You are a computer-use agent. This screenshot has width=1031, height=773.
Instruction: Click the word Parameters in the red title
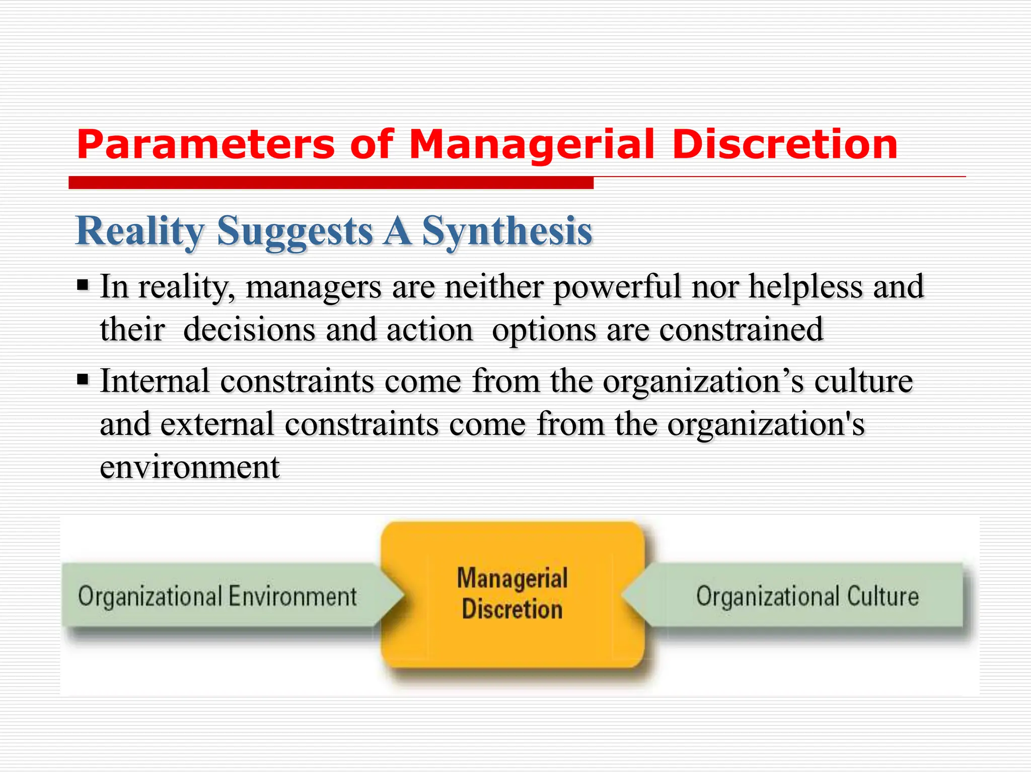click(205, 145)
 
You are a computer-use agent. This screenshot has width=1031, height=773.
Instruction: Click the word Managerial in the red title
click(532, 145)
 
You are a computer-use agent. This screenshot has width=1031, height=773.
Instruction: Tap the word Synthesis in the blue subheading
click(507, 231)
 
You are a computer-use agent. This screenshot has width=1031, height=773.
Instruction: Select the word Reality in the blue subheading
click(140, 231)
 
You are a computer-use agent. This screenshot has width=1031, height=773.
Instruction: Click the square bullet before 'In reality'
click(83, 286)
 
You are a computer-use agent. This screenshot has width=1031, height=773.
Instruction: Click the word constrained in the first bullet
click(741, 330)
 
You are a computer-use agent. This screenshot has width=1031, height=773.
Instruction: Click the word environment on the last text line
click(189, 467)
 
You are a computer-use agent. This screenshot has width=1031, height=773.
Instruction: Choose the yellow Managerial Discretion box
click(512, 594)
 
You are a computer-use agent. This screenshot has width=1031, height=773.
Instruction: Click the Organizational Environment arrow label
click(217, 596)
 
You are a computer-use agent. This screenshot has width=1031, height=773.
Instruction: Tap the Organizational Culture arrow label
click(807, 596)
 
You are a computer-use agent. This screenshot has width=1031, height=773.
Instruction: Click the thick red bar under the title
click(331, 183)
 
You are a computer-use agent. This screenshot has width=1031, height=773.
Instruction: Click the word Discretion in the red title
click(785, 145)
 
